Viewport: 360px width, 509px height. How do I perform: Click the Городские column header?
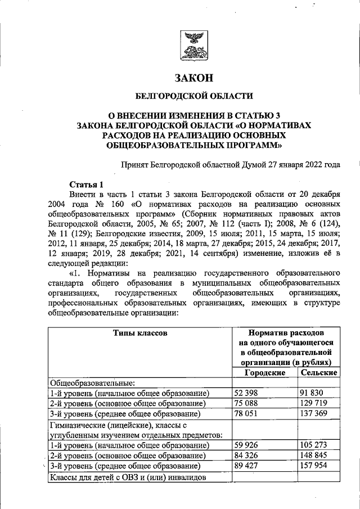265,373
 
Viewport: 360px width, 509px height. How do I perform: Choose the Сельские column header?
319,373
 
